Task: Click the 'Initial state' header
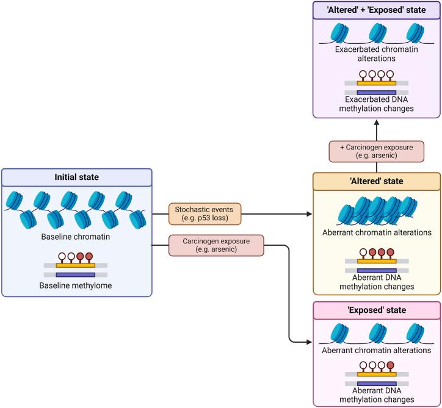coord(76,177)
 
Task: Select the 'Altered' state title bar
coord(376,182)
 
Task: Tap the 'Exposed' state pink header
coord(376,310)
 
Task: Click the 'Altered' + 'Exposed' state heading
coord(376,10)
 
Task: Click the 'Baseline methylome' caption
coord(76,279)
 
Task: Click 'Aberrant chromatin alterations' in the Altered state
coord(376,232)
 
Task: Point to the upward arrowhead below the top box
coord(376,122)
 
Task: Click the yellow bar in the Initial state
coord(76,265)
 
